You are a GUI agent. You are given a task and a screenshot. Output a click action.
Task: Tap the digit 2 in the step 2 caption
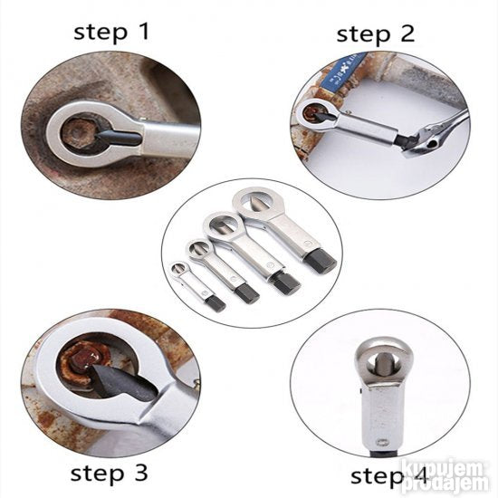407,34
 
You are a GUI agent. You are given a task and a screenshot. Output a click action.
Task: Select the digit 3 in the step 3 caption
140,473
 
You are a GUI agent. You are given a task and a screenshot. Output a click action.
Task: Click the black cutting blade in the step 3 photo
124,382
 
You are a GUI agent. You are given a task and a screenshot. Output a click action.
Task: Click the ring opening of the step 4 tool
381,364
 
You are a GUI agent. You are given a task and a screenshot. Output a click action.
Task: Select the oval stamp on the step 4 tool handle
381,442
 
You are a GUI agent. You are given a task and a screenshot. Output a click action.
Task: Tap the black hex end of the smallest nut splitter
215,303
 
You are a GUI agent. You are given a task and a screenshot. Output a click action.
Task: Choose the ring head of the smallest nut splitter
179,268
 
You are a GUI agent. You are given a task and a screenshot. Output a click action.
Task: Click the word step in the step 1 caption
100,33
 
